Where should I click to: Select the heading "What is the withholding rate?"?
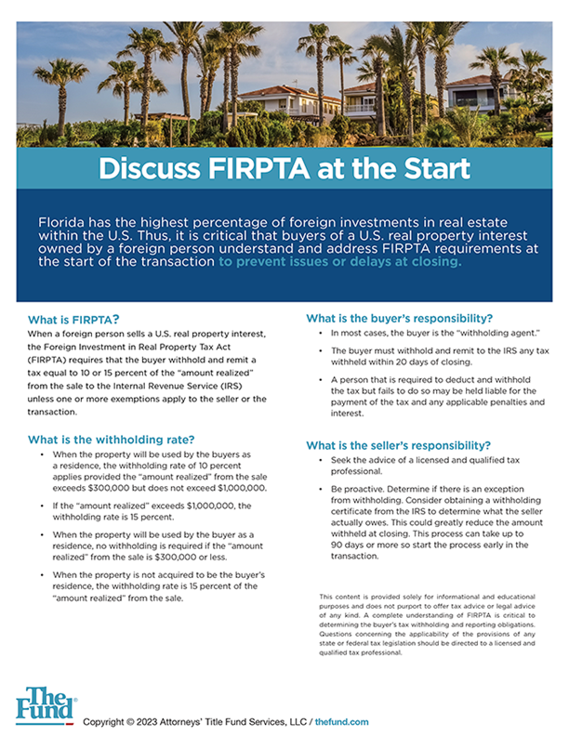[111, 439]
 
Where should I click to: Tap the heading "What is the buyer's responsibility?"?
[399, 319]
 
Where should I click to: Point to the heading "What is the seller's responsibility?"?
[399, 444]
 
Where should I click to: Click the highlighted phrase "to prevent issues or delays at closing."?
[339, 262]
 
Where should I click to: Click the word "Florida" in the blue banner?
[63, 225]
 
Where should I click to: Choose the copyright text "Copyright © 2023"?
[125, 721]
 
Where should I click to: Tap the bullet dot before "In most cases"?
[321, 332]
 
